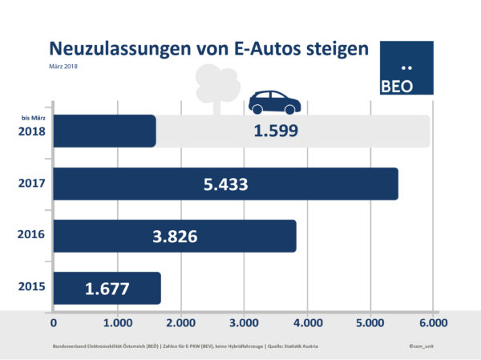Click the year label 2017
click(x=31, y=184)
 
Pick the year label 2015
click(x=31, y=288)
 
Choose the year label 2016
click(x=31, y=237)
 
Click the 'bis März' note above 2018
click(x=31, y=119)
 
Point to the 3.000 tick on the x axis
click(x=243, y=323)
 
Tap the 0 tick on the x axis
click(x=55, y=323)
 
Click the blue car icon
click(x=274, y=102)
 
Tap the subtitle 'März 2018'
click(x=64, y=66)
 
